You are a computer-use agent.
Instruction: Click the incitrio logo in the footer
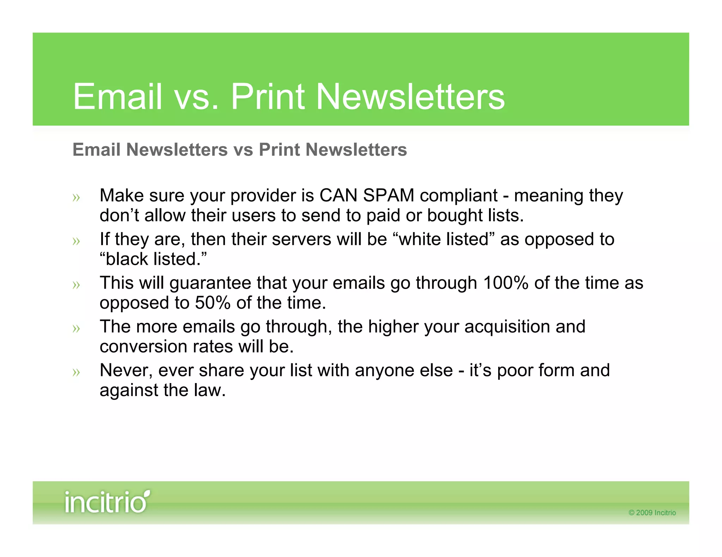coord(106,501)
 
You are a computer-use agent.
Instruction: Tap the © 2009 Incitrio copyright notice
coord(652,513)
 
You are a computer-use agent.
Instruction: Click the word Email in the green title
coord(118,97)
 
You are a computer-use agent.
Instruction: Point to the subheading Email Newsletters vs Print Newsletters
coord(240,150)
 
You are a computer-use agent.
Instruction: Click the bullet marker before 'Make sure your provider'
coord(76,198)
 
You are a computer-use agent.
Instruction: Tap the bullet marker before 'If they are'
coord(76,241)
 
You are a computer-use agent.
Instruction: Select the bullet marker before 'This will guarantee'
coord(76,285)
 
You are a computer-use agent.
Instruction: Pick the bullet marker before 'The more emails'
coord(76,328)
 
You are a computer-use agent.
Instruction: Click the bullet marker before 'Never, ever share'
coord(76,372)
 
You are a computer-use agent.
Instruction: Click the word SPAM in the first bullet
coord(388,196)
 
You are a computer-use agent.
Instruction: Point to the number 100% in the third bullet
coord(505,283)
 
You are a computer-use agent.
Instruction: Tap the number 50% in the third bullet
coord(213,303)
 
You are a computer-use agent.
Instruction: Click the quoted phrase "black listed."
coord(153,259)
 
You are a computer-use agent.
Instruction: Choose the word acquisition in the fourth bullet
coord(507,327)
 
